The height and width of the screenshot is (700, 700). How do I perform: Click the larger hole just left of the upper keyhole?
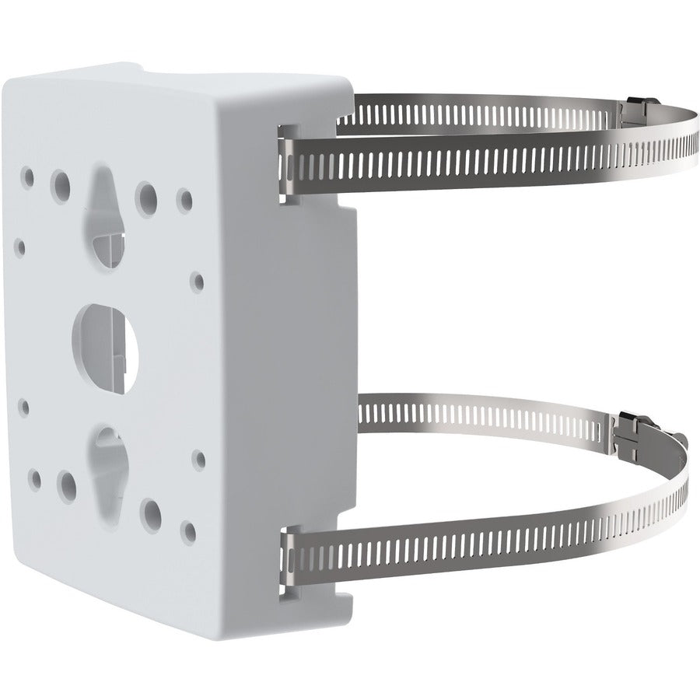(x=61, y=184)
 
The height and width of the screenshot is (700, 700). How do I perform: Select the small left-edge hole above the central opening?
(x=22, y=248)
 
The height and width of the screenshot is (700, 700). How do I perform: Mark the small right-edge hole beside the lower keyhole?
(x=197, y=456)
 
